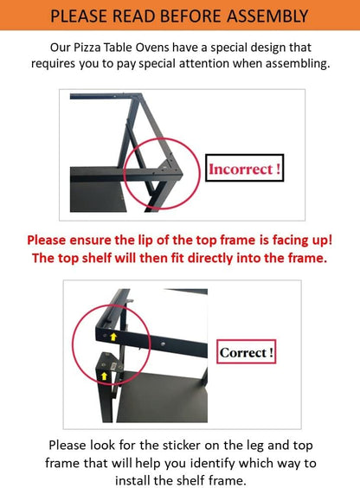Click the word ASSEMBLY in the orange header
(x=267, y=16)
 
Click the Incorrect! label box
(x=245, y=168)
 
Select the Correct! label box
(x=246, y=351)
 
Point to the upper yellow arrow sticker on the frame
(x=113, y=337)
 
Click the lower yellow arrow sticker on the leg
(x=104, y=376)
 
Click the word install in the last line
(x=132, y=480)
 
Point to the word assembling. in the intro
(x=298, y=63)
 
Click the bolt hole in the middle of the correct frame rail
(x=163, y=344)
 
